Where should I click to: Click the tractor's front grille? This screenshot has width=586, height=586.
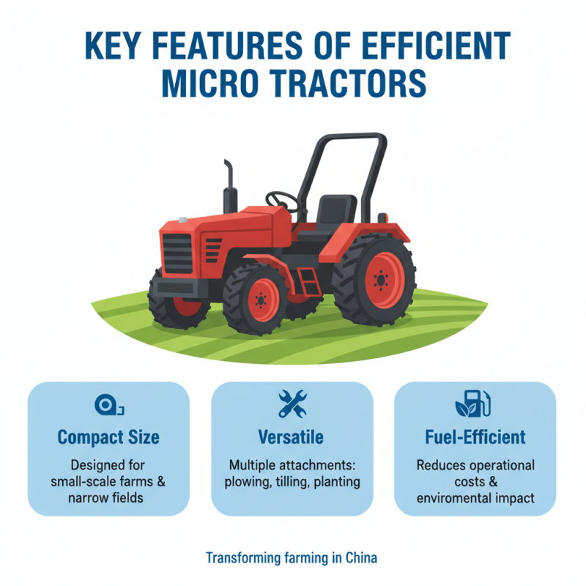(177, 253)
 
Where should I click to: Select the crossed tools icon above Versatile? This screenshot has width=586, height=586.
(292, 404)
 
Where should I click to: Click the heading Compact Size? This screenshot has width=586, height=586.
(108, 438)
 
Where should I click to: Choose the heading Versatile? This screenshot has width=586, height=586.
(292, 438)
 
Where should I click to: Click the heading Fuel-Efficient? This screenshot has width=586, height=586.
(475, 438)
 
